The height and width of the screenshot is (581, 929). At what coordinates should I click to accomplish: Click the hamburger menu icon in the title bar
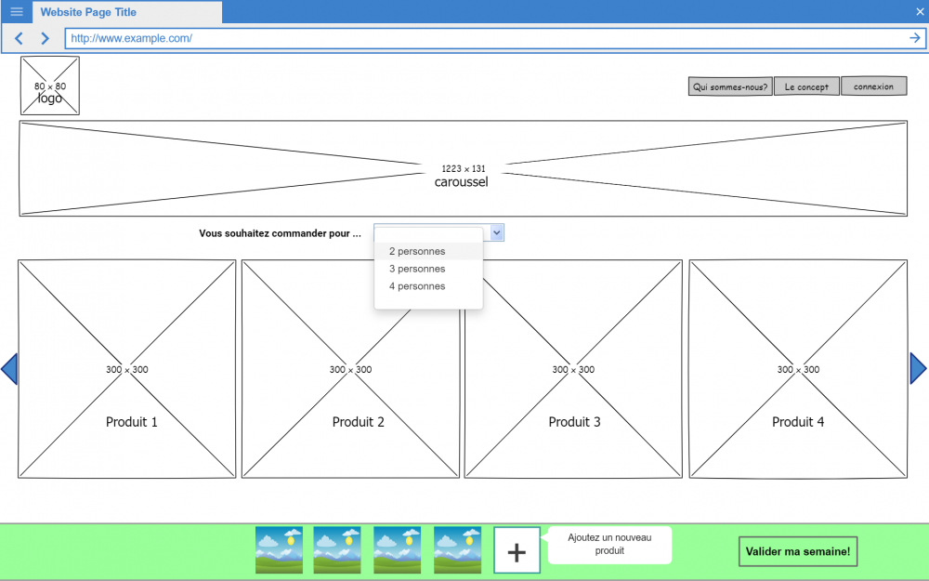click(x=17, y=12)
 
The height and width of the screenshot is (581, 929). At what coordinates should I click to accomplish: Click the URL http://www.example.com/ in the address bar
click(x=131, y=38)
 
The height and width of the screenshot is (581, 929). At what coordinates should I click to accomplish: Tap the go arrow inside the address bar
click(x=915, y=38)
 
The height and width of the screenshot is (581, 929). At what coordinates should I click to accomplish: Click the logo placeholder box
click(x=50, y=86)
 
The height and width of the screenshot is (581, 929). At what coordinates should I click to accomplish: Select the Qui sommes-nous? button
click(x=730, y=86)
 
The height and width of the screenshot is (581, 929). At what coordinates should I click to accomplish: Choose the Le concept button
click(x=806, y=86)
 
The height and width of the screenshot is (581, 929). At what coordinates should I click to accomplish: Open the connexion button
click(x=873, y=86)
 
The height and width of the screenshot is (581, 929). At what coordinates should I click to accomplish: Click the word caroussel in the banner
click(x=462, y=182)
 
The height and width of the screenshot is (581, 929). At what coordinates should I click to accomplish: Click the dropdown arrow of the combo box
click(x=497, y=232)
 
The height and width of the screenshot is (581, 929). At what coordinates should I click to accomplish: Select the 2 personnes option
click(x=417, y=251)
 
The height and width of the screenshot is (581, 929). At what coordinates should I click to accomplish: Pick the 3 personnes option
click(x=417, y=269)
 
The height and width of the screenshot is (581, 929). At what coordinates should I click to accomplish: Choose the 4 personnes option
click(x=417, y=286)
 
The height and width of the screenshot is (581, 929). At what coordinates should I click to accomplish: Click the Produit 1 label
click(x=132, y=422)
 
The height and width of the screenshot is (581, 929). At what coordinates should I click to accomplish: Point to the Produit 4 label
click(x=798, y=422)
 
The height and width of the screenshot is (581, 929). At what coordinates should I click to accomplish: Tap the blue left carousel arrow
click(x=9, y=369)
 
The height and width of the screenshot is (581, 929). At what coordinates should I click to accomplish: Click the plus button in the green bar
click(x=517, y=552)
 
